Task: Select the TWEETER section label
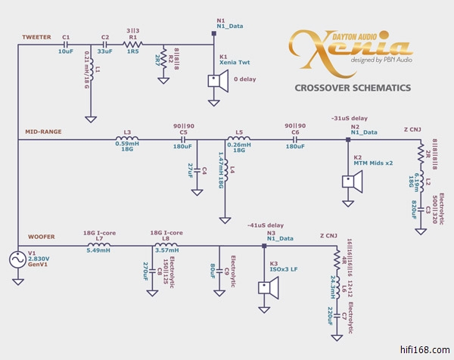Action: click(36, 36)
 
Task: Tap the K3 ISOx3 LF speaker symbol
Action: click(265, 288)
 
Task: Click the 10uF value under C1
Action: click(65, 51)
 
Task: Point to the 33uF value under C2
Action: click(105, 51)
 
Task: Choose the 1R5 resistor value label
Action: click(134, 51)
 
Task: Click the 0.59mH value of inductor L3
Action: click(126, 143)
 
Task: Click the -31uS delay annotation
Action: click(350, 119)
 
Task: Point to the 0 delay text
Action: click(244, 79)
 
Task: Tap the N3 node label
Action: click(270, 234)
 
